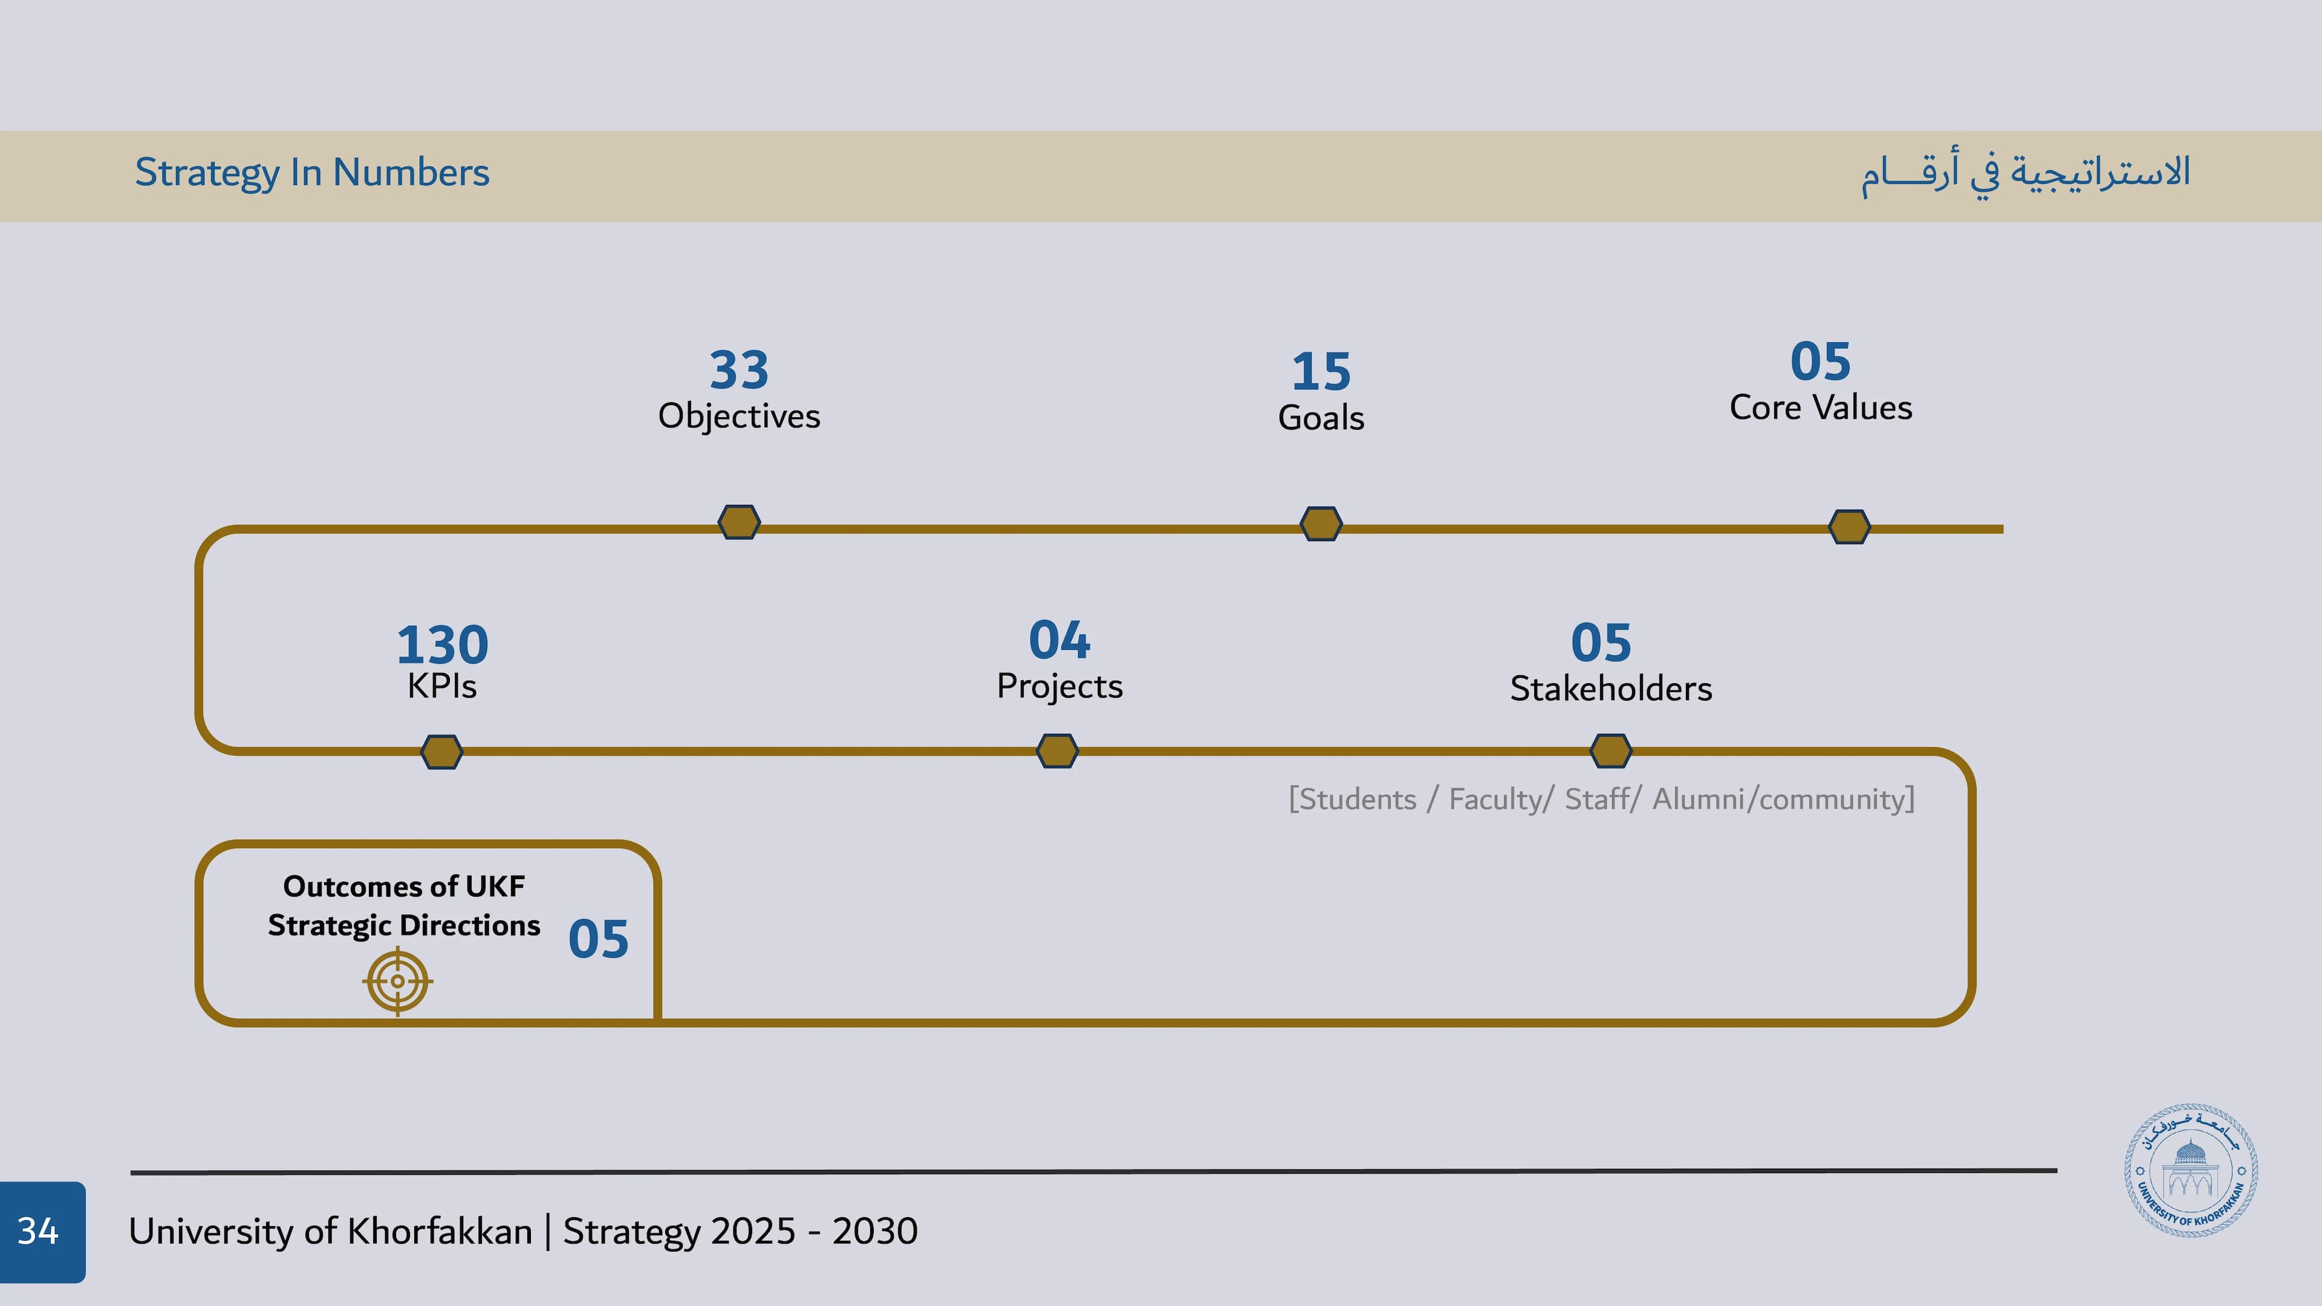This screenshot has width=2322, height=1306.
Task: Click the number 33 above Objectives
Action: tap(738, 369)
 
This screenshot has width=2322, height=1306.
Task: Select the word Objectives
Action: tap(738, 417)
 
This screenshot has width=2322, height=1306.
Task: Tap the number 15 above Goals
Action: tap(1321, 371)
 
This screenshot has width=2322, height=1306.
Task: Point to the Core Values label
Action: tap(1820, 408)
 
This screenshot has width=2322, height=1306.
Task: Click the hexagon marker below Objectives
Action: tap(738, 522)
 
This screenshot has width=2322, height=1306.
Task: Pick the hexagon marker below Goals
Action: tap(1321, 524)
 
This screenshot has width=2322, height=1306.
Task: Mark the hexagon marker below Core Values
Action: tap(1849, 527)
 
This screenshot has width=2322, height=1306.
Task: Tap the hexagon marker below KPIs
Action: tap(441, 752)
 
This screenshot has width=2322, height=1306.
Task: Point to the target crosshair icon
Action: tap(397, 981)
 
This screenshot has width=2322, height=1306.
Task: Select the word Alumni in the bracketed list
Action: tap(1697, 799)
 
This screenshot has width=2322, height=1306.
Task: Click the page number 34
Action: tap(38, 1231)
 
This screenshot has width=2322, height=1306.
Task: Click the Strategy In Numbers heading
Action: tap(312, 172)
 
